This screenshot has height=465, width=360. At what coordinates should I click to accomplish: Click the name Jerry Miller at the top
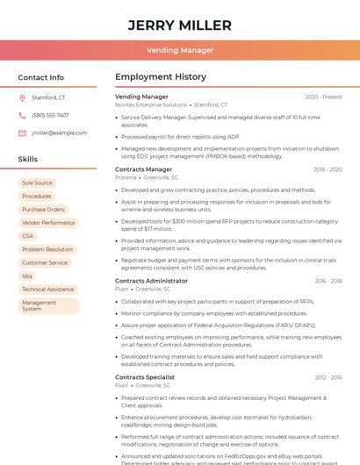click(x=180, y=25)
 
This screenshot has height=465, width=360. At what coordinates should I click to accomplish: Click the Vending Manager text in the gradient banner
click(x=180, y=50)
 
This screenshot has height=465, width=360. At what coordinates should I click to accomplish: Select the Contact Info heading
click(x=41, y=77)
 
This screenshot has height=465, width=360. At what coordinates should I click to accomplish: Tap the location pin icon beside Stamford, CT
click(x=22, y=97)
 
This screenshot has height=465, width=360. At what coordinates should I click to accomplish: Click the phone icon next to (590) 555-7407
click(x=22, y=115)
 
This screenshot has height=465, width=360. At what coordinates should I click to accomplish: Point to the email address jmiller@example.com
click(x=59, y=132)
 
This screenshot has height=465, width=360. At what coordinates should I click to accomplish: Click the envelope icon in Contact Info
click(x=22, y=132)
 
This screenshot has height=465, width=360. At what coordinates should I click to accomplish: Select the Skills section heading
click(x=28, y=159)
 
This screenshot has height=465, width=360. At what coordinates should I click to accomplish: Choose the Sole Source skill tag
click(x=37, y=182)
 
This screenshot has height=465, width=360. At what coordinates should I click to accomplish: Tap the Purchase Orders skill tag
click(x=43, y=210)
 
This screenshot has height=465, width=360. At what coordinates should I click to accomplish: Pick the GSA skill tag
click(x=28, y=236)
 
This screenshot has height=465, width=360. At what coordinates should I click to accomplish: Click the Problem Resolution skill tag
click(x=47, y=249)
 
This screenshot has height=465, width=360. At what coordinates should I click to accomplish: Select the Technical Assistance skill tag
click(x=47, y=289)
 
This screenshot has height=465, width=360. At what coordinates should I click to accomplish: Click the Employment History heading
click(x=161, y=77)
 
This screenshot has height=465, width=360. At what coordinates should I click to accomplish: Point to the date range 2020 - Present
click(x=323, y=97)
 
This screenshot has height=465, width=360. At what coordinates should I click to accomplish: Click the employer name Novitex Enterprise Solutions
click(x=151, y=104)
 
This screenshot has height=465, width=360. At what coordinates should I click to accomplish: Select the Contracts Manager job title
click(x=143, y=169)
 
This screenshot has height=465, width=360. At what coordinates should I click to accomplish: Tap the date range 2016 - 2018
click(x=328, y=281)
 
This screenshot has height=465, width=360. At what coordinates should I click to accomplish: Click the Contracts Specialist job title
click(x=145, y=376)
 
